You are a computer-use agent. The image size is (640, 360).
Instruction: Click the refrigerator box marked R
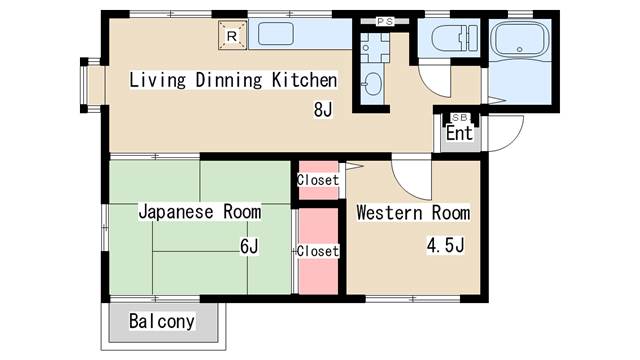click(233, 36)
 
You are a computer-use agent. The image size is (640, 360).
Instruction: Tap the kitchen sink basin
click(276, 34)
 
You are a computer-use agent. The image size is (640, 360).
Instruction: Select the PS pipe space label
click(385, 22)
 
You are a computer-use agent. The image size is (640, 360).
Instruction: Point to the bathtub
click(519, 40)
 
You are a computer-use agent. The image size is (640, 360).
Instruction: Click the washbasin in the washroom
click(372, 85)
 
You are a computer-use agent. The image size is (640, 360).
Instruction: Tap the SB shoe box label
click(460, 118)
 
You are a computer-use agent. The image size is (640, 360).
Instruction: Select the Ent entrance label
click(459, 133)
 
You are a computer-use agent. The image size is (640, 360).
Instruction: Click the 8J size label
click(323, 109)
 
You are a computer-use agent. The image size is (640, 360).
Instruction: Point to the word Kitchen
click(304, 80)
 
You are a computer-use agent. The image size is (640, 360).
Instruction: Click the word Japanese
click(176, 212)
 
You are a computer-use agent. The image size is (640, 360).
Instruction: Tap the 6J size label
click(249, 246)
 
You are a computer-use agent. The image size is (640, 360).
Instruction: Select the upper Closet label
click(318, 180)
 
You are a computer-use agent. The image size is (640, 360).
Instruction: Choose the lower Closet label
click(318, 251)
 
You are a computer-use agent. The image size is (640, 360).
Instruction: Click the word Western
click(389, 213)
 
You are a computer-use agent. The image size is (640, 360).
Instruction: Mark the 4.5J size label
click(445, 245)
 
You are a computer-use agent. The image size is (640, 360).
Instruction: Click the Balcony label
click(162, 321)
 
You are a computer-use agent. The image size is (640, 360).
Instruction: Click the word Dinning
click(229, 80)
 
